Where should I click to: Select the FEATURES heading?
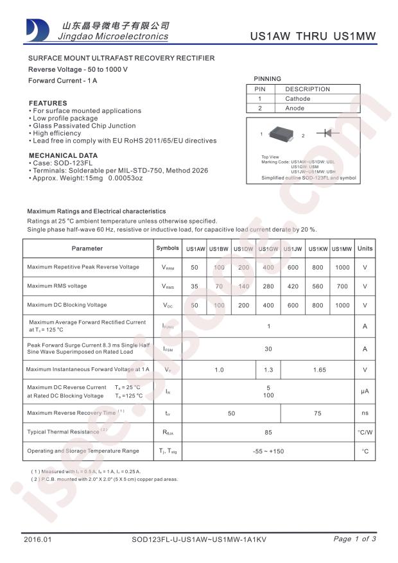coord(48,103)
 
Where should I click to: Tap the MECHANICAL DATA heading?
coord(63,155)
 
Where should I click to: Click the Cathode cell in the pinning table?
coord(297,99)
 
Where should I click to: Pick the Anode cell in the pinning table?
coord(295,108)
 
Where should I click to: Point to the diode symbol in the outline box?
coord(331,133)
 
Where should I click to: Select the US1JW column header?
coord(293,249)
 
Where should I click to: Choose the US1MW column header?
coord(342,249)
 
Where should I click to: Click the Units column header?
coord(365,248)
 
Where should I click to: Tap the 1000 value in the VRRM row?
coord(342,267)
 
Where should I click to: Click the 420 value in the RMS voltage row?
coord(293,286)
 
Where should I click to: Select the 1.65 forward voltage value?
coord(317,370)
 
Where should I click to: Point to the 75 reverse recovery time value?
coord(317,413)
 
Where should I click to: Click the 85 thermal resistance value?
coord(268,432)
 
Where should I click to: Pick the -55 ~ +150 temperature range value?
coord(268,451)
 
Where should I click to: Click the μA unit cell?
coord(365,392)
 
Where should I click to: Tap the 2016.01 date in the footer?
coord(37,539)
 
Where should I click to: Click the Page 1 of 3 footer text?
coord(355,539)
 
